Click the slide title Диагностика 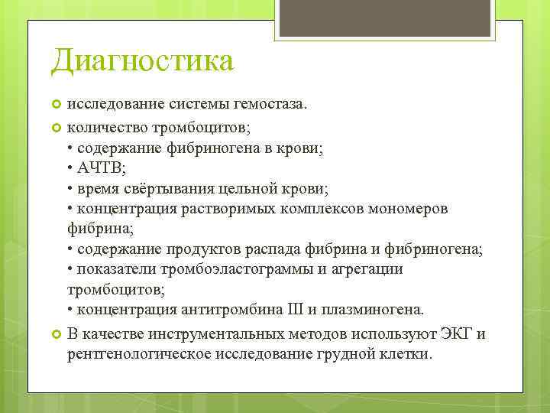(x=142, y=61)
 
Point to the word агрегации (x=370, y=270)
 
